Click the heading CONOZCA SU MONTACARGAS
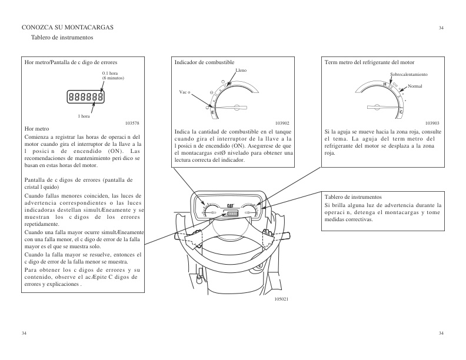pos(68,28)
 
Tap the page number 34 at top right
pos(441,28)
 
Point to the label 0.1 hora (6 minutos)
pos(113,75)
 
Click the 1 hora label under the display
pos(84,116)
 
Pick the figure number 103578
pos(132,122)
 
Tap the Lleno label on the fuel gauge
pos(241,70)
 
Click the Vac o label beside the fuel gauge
pos(185,93)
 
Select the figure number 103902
pos(283,122)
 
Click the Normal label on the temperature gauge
pos(415,86)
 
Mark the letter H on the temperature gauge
pos(385,85)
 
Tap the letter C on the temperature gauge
pos(401,111)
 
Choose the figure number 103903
pos(432,122)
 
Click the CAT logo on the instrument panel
pos(232,206)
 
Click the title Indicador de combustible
pos(204,62)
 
